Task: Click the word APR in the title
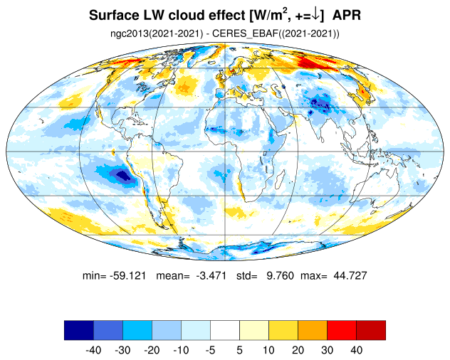pos(346,15)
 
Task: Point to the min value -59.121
pos(127,275)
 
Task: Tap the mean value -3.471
pos(211,275)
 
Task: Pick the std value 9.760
pos(280,275)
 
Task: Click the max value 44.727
pos(350,275)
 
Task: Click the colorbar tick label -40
pos(93,350)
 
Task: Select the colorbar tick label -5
pos(210,350)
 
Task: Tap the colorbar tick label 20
pos(298,350)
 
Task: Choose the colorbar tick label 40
pos(356,350)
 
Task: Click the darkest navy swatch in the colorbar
pos(79,330)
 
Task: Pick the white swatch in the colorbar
pos(225,330)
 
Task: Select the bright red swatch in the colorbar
pos(342,330)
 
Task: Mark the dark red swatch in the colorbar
pos(371,330)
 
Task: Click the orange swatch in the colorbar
pos(313,330)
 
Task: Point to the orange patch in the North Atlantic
pos(184,85)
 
